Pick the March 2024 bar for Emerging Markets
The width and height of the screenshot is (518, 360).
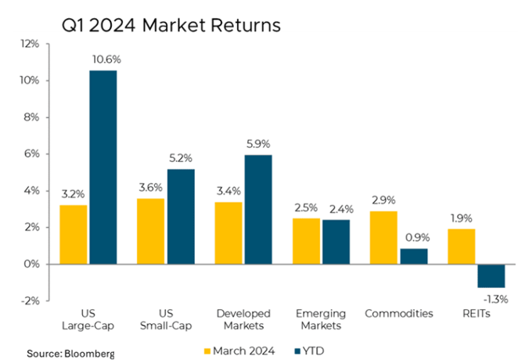click(307, 241)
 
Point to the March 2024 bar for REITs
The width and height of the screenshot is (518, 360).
click(462, 247)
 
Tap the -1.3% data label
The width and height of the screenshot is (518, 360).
click(493, 298)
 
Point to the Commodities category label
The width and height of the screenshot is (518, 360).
click(399, 314)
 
